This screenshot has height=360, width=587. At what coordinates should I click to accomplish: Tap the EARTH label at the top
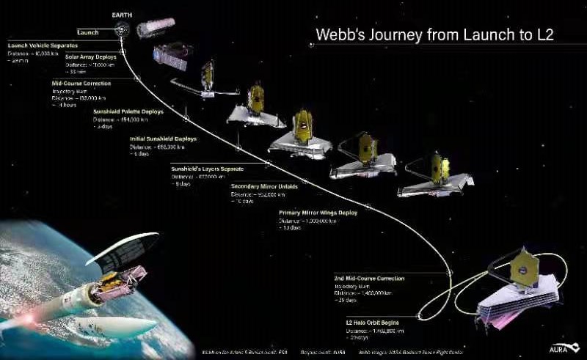122,15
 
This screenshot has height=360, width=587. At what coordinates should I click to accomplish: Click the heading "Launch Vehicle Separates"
43,46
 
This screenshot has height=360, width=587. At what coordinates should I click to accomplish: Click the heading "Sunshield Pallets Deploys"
128,111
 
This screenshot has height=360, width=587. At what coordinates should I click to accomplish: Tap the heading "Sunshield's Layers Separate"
207,169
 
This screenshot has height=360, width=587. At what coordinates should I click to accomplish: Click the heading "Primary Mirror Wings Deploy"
318,213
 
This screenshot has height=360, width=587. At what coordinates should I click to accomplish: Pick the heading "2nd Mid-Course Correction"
369,279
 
